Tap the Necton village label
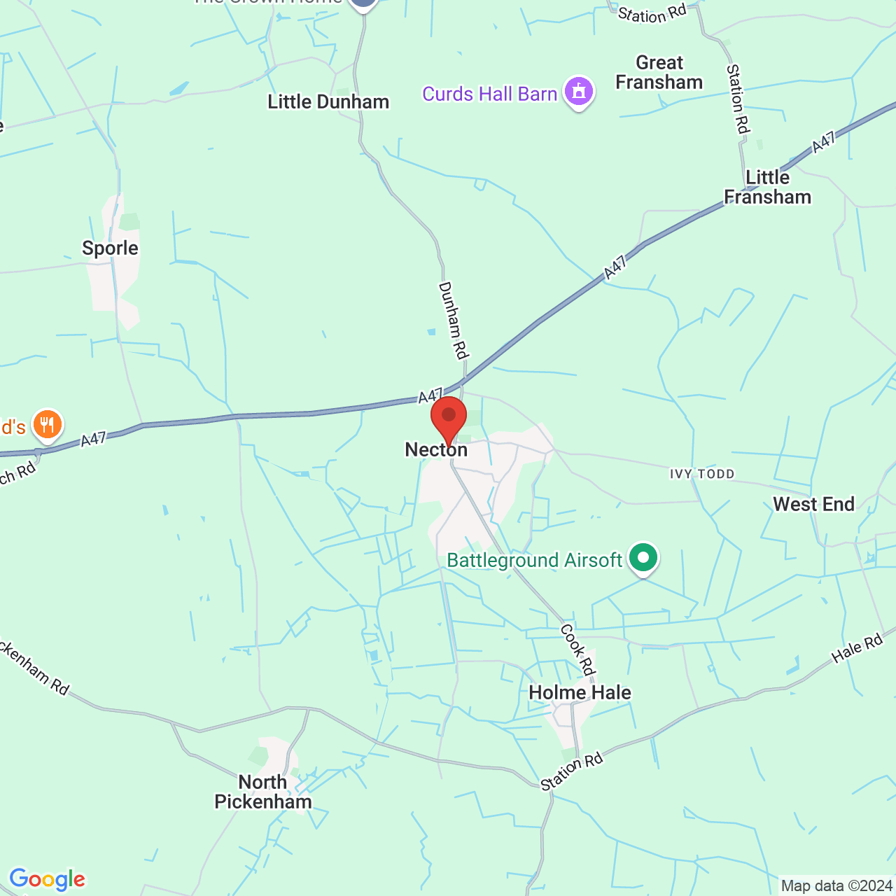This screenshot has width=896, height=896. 436,449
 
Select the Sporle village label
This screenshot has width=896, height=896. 110,248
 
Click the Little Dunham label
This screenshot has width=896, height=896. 328,102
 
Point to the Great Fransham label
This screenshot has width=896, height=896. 659,73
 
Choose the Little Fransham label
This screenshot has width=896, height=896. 767,188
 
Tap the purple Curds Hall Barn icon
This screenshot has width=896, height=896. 579,92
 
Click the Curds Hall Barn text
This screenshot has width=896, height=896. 489,94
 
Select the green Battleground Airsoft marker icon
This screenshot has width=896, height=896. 643,558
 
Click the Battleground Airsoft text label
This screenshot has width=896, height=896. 534,561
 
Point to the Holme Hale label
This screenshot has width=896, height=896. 580,692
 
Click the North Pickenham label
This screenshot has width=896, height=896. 262,792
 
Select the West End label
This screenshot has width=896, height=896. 813,505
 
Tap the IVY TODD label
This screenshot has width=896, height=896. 702,474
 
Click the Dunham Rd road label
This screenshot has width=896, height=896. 453,320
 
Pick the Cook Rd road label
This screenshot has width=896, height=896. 577,650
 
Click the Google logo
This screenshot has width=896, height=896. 47,879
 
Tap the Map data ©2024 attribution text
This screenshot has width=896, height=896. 836,886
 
